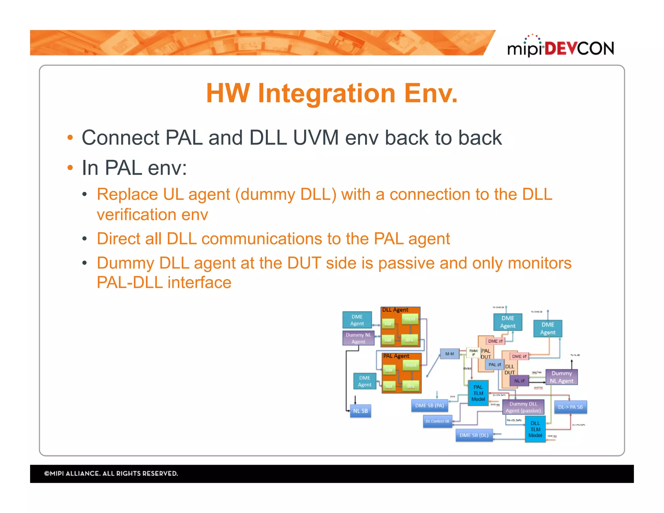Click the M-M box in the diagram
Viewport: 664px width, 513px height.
pyautogui.click(x=449, y=354)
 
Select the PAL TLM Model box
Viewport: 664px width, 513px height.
pyautogui.click(x=478, y=393)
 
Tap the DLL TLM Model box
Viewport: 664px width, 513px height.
pyautogui.click(x=535, y=429)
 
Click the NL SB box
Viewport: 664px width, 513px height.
pyautogui.click(x=360, y=411)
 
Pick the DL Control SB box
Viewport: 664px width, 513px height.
pyautogui.click(x=437, y=422)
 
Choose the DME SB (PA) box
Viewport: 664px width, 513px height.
pyautogui.click(x=429, y=406)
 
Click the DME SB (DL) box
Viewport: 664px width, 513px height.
pyautogui.click(x=474, y=435)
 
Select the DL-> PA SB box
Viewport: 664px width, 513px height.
pyautogui.click(x=570, y=407)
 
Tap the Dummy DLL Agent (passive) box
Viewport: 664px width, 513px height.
pyautogui.click(x=523, y=407)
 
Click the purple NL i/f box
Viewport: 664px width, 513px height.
pyautogui.click(x=519, y=381)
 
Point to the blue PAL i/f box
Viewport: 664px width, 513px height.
pyautogui.click(x=495, y=365)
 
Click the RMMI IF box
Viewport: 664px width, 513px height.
pyautogui.click(x=473, y=353)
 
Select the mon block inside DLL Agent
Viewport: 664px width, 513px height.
pyautogui.click(x=410, y=319)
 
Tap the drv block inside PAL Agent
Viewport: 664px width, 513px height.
pyautogui.click(x=410, y=386)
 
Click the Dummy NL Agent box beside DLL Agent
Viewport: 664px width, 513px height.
pyautogui.click(x=358, y=338)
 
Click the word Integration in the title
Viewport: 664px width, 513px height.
pyautogui.click(x=326, y=93)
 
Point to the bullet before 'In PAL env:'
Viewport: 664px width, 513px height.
pyautogui.click(x=70, y=168)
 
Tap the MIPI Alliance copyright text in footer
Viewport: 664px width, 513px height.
pyautogui.click(x=111, y=473)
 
